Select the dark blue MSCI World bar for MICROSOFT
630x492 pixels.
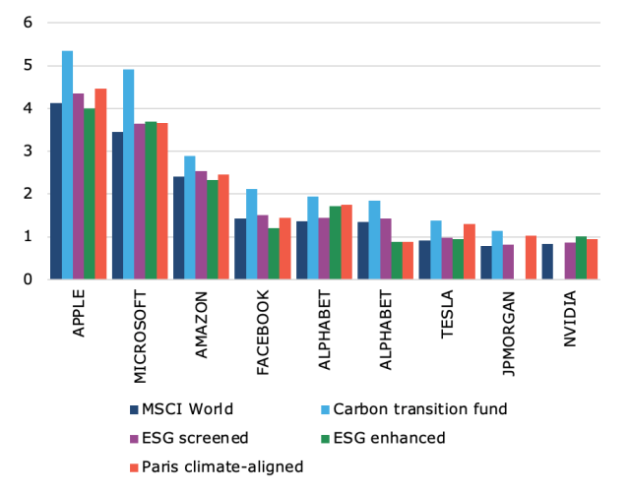pyautogui.click(x=117, y=206)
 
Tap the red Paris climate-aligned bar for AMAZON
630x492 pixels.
pyautogui.click(x=222, y=227)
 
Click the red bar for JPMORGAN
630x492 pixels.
pyautogui.click(x=531, y=258)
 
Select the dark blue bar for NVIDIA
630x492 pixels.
pyautogui.click(x=546, y=262)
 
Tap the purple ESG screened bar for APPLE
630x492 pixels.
pyautogui.click(x=79, y=187)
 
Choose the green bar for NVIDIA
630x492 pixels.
pyautogui.click(x=581, y=258)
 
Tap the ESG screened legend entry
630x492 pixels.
pyautogui.click(x=183, y=438)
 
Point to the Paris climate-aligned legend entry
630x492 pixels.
pyautogui.click(x=212, y=465)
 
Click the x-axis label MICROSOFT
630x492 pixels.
pyautogui.click(x=140, y=335)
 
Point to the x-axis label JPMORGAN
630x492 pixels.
pyautogui.click(x=509, y=334)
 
